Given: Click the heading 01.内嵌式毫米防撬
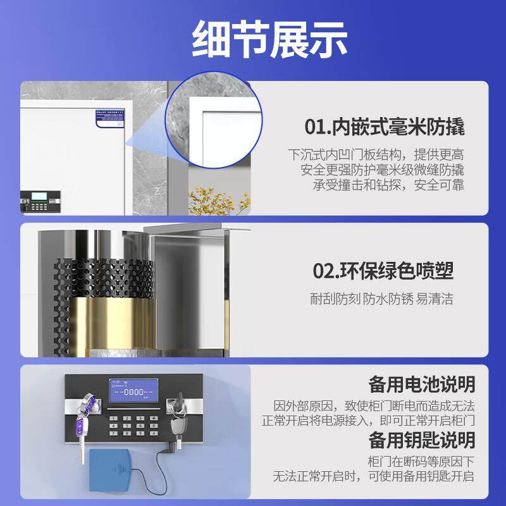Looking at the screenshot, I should [385, 127].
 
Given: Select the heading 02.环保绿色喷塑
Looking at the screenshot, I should [383, 271].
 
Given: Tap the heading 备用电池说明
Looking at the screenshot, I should [421, 384].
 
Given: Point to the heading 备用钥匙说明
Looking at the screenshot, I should [421, 440].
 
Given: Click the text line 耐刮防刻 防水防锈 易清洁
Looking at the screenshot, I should [381, 299].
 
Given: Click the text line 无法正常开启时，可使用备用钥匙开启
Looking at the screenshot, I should [373, 476].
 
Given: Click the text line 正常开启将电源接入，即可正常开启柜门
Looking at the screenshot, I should [368, 421].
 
